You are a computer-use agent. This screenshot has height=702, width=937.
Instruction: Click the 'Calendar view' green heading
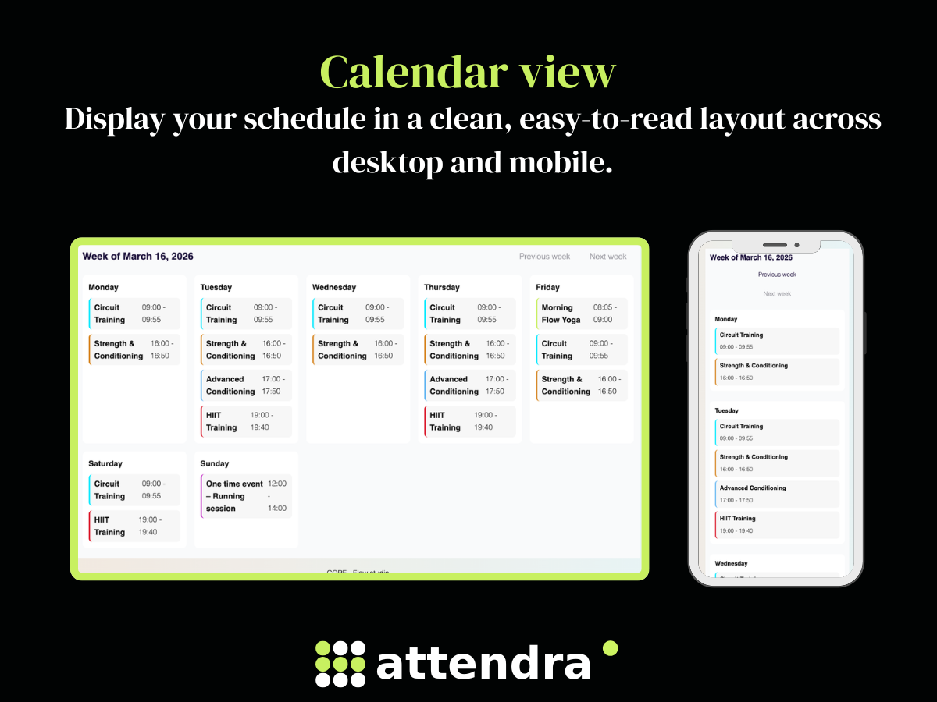[468, 73]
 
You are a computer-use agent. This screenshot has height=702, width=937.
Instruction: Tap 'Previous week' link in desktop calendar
[544, 257]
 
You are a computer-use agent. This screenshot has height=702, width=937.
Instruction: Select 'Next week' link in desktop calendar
[607, 257]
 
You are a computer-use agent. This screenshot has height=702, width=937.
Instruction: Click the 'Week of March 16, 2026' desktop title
[138, 257]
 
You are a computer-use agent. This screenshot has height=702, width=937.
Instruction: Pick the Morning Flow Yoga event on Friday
[581, 314]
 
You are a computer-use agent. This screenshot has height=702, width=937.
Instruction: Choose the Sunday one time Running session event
[246, 496]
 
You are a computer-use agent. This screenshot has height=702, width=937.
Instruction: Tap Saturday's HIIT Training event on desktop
[134, 526]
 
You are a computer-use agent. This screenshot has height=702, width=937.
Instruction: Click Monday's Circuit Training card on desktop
[134, 314]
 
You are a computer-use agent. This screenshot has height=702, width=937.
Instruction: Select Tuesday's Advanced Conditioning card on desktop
[246, 385]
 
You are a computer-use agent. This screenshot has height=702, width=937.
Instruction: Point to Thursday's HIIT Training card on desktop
[469, 421]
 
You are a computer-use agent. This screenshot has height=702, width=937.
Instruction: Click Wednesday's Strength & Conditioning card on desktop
[358, 349]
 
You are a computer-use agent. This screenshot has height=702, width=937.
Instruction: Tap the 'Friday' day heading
[547, 287]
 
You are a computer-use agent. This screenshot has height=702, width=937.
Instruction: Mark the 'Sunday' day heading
[215, 463]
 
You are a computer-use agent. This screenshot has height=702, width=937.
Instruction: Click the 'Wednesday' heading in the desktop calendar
[333, 287]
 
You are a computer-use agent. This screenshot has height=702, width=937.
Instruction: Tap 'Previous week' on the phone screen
[777, 275]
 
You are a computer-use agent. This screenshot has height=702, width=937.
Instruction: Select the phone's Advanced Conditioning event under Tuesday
[777, 494]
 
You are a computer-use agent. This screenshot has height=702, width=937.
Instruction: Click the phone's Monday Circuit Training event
[777, 341]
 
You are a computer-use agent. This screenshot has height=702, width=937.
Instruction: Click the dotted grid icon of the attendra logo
[340, 664]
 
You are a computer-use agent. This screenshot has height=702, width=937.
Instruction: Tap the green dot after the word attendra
[611, 648]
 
